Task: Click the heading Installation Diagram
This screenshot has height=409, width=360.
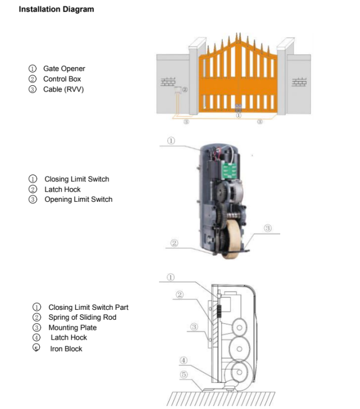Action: [56, 9]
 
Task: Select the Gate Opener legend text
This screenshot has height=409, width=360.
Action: [64, 69]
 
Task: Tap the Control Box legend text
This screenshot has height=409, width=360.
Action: [62, 79]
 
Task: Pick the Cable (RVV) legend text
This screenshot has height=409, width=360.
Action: [64, 89]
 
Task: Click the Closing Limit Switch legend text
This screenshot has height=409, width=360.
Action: [77, 179]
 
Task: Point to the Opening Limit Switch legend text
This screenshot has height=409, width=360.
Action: [79, 200]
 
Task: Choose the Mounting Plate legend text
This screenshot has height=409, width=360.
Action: [73, 328]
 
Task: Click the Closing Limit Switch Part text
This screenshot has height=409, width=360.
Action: [89, 307]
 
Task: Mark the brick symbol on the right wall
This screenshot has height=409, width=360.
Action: [299, 82]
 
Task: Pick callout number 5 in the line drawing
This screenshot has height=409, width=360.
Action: [183, 375]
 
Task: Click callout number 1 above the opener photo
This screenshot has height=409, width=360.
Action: [171, 141]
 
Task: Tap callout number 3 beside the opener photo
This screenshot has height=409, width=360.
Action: [268, 228]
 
